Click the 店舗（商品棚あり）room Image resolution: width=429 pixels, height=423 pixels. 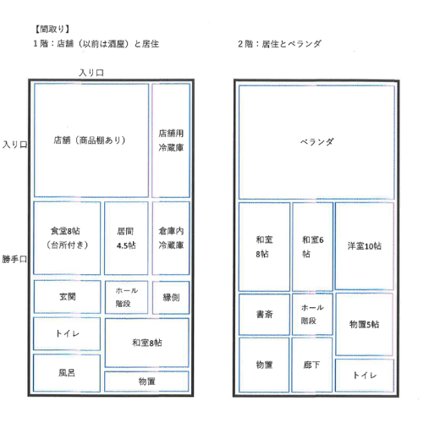[91, 140]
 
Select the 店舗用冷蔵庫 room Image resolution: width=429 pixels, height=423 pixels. [171, 140]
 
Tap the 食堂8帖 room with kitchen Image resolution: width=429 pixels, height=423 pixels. [67, 238]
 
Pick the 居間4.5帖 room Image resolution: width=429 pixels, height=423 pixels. [126, 238]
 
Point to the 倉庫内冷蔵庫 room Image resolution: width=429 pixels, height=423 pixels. [171, 238]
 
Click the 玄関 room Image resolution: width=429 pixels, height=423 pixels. [67, 297]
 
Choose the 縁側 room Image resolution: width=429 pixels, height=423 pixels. [171, 297]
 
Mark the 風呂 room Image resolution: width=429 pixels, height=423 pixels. [67, 373]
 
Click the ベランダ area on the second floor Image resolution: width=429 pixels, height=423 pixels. [316, 142]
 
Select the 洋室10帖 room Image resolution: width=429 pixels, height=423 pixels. [364, 245]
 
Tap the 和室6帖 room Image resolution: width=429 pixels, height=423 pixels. [312, 246]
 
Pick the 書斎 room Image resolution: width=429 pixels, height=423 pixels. [264, 314]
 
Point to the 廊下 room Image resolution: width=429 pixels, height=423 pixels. [311, 365]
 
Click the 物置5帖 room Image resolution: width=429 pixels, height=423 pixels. [364, 324]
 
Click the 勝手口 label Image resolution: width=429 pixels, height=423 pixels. [14, 259]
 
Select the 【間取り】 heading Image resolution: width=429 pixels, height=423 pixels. [52, 29]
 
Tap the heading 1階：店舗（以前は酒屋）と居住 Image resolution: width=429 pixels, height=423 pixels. [96, 44]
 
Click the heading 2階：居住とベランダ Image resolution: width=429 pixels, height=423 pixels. [279, 44]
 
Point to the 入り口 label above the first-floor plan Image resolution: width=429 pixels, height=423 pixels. [91, 73]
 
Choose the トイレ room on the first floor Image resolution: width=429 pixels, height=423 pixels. [67, 333]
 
